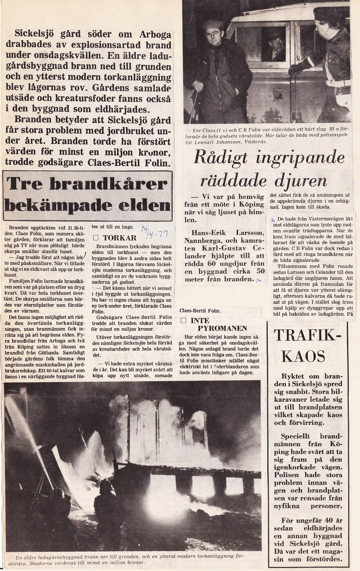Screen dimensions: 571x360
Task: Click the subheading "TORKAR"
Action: [x=119, y=238]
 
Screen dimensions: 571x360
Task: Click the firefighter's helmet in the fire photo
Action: [x=107, y=486]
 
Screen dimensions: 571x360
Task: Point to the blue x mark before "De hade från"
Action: [x=272, y=219]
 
